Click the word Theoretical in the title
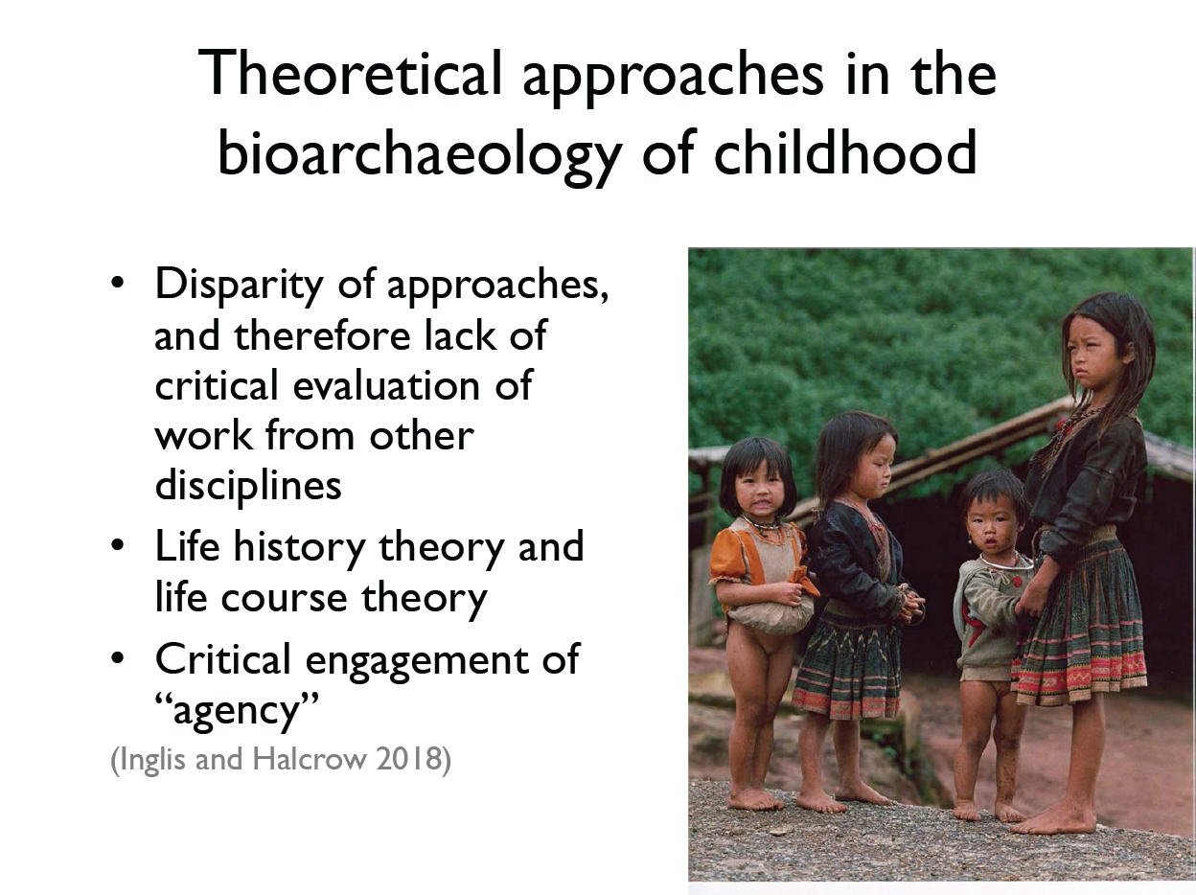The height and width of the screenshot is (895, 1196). (350, 73)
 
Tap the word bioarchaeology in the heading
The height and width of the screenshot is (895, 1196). (420, 154)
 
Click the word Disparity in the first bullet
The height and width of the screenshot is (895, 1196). (240, 285)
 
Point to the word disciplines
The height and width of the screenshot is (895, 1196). (248, 484)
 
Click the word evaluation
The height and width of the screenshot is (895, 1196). (386, 385)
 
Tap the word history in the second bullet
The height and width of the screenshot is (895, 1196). (300, 547)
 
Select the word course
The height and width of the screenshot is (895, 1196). (284, 598)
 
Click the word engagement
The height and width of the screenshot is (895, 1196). (416, 660)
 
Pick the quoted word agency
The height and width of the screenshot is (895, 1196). (237, 710)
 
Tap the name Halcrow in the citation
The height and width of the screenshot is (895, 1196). (310, 758)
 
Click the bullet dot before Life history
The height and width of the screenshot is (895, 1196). (117, 546)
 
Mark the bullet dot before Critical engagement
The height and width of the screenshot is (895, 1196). (117, 658)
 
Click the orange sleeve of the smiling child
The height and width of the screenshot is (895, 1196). (726, 560)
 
